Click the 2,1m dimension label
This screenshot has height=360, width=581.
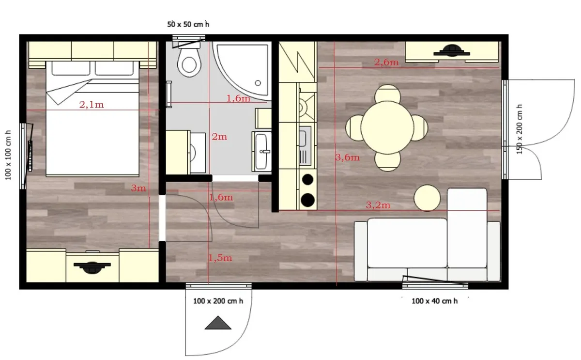coord(92,105)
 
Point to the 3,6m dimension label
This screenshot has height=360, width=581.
coord(347,157)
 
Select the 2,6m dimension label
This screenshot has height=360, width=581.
coord(386,62)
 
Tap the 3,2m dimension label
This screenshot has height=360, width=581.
coord(378,205)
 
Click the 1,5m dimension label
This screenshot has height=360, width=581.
coord(220,258)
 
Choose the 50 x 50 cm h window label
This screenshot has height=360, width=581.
coord(188,24)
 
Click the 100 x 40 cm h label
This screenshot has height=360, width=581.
coord(434,301)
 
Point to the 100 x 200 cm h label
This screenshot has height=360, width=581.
coord(218,301)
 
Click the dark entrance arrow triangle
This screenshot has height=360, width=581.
coord(218,323)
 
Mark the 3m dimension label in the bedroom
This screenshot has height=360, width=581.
coord(138,188)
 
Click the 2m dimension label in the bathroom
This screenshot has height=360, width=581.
coord(219,137)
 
